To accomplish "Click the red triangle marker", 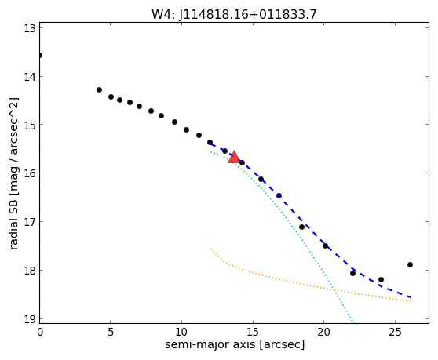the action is [234, 157].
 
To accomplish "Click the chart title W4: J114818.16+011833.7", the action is [234, 14].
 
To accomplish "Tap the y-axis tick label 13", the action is [30, 28].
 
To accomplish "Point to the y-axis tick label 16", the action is [30, 173].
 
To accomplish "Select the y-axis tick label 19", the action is [30, 319].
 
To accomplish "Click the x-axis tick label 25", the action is [395, 333].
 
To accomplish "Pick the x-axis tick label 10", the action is [181, 333].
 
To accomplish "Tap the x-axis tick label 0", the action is [40, 333].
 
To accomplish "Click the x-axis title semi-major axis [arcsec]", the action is [235, 344].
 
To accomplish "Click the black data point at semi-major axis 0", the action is [40, 55].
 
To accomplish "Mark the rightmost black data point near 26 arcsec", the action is [410, 264].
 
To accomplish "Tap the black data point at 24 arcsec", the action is [381, 279].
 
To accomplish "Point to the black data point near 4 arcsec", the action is [99, 90].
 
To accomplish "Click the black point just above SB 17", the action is [301, 227].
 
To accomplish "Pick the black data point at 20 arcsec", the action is [325, 245].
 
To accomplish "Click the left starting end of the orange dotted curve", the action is [211, 249].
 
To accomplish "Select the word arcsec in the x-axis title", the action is [282, 344].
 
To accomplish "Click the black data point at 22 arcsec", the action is [352, 273].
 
